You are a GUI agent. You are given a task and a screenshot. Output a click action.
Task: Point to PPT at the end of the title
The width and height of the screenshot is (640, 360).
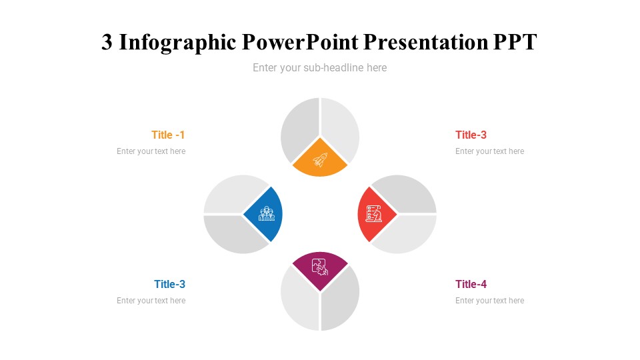point(515,42)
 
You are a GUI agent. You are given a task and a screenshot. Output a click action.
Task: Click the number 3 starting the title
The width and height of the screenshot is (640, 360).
point(107,42)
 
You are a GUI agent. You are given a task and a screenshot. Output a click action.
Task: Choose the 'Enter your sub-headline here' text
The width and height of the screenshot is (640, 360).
point(319,67)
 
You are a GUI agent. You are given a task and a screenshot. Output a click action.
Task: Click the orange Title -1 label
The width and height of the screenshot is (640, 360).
point(168,135)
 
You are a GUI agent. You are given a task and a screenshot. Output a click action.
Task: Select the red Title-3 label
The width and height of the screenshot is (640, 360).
point(471,135)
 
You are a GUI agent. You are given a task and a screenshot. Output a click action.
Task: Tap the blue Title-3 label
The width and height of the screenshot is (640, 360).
point(169,284)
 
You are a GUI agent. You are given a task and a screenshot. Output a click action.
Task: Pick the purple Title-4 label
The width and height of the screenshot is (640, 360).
point(471,284)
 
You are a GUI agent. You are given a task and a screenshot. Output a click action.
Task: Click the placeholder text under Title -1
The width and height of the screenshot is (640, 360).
point(151,151)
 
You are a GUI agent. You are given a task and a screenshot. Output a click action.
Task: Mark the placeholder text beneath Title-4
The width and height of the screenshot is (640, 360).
point(489,301)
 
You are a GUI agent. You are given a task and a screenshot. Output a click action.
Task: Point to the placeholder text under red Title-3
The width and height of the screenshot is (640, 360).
point(489,151)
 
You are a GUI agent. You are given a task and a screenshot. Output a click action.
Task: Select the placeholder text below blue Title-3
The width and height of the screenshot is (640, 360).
point(151,301)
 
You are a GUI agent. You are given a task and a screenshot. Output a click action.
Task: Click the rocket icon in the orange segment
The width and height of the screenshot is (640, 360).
point(320,160)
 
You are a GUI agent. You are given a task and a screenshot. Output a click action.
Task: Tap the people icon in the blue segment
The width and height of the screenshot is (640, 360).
point(267,213)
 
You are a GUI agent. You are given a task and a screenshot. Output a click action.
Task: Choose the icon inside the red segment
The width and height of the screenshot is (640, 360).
point(374,213)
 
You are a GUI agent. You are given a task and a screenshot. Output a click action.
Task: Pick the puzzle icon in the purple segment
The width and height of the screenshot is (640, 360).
point(320,267)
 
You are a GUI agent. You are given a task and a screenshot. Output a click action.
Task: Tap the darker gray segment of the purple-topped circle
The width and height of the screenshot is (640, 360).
point(340,300)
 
